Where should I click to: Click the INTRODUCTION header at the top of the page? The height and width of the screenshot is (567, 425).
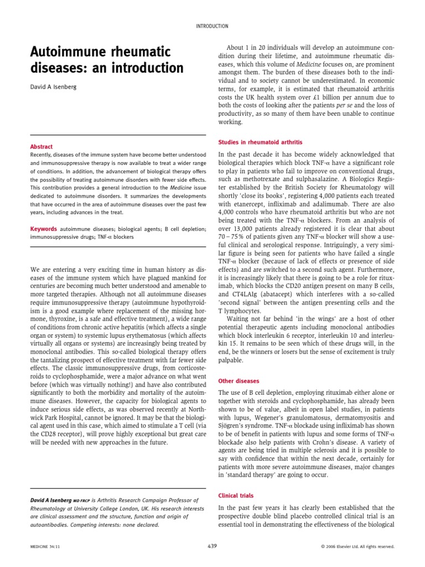[x=212, y=26]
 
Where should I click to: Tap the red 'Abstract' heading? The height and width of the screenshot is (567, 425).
[x=42, y=147]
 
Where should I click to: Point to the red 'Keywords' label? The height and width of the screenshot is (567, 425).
[x=44, y=229]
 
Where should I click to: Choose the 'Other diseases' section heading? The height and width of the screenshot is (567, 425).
[x=239, y=382]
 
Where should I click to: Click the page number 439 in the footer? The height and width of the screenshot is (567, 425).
[x=212, y=546]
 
